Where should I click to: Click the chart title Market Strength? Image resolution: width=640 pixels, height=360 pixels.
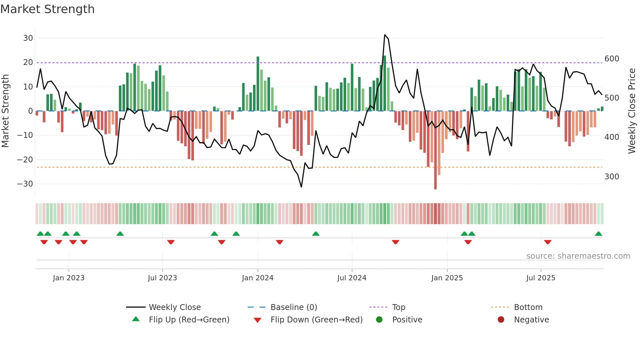(47, 9)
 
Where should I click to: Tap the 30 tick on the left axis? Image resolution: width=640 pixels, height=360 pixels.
(28, 38)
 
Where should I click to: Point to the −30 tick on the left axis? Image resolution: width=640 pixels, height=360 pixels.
(25, 184)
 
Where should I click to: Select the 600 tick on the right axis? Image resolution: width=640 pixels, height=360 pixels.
(612, 59)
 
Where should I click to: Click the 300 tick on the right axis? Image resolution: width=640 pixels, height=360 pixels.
(612, 177)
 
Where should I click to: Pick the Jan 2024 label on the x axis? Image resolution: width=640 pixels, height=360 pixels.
(258, 278)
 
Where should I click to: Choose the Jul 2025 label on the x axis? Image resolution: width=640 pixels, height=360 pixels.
(541, 278)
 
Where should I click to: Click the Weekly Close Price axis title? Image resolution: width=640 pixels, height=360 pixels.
(632, 111)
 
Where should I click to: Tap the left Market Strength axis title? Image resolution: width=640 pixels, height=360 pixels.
(6, 111)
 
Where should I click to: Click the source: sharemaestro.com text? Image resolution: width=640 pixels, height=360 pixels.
(578, 256)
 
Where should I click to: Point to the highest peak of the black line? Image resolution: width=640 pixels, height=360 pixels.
(385, 35)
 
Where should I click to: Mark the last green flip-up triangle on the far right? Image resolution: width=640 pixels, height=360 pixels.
(599, 234)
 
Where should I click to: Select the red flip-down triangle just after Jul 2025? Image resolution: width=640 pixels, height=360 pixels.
(548, 242)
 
